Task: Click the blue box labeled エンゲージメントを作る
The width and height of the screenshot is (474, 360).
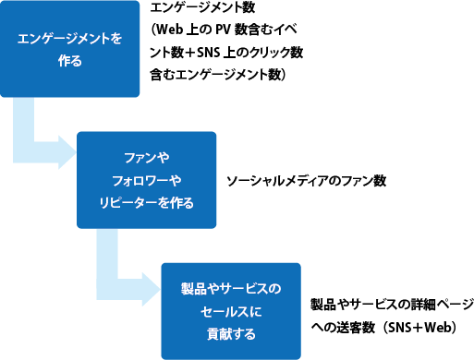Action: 70,49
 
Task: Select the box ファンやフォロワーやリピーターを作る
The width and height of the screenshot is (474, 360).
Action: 146,180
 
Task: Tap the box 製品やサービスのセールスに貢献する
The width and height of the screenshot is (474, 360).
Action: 231,311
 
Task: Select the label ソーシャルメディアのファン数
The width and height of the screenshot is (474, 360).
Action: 305,180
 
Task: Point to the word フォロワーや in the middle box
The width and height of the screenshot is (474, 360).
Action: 146,180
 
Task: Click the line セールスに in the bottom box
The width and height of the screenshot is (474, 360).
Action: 231,311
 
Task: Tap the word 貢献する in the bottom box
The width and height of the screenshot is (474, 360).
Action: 231,331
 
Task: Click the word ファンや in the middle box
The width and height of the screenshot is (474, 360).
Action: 146,159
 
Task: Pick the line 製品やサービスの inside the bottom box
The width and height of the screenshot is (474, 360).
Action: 231,290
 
